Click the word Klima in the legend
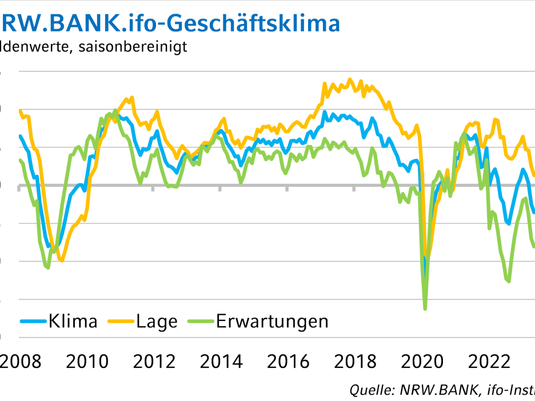point(73,321)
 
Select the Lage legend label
point(157,321)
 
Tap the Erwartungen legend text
point(272,321)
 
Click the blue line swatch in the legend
point(33,322)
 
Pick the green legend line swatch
point(201,322)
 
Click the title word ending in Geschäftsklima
point(171,23)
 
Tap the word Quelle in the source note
point(369,390)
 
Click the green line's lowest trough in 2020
point(425,308)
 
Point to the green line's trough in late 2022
point(508,281)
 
